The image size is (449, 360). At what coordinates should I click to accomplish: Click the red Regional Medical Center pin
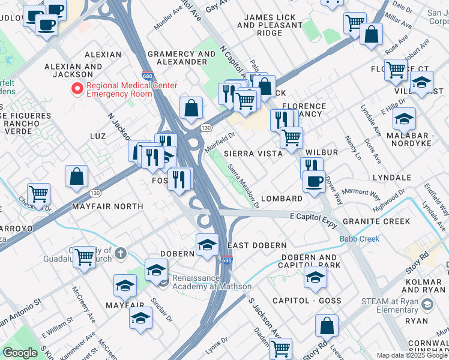(77, 89)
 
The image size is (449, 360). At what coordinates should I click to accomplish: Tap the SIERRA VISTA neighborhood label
(253, 154)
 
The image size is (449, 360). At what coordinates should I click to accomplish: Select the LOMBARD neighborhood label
(281, 199)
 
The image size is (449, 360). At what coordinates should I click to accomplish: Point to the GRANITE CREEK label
(385, 221)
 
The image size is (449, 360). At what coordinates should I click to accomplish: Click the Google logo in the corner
(20, 353)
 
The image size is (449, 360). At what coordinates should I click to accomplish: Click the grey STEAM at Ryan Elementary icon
(427, 305)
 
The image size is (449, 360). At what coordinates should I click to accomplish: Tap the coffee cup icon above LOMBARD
(313, 181)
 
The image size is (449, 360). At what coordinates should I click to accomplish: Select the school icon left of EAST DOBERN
(207, 245)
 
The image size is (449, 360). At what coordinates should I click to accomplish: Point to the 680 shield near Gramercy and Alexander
(147, 76)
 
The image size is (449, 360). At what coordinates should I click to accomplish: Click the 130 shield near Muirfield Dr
(206, 128)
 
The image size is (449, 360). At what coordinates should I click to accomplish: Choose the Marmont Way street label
(362, 194)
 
